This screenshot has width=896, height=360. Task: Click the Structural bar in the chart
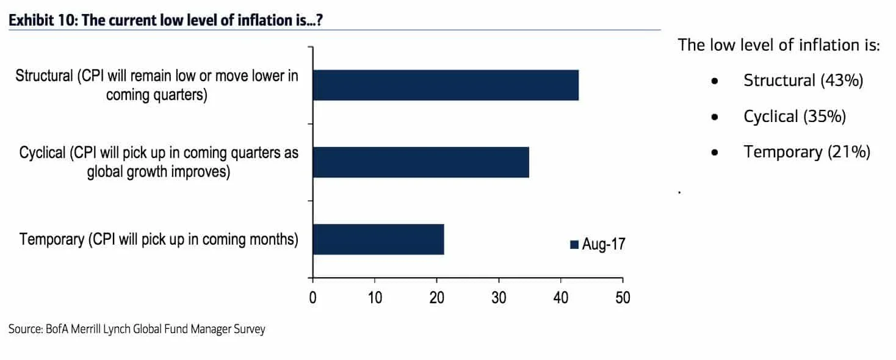tap(446, 85)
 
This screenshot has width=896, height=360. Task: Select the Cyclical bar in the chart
tap(421, 162)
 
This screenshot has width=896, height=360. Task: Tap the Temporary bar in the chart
tap(378, 239)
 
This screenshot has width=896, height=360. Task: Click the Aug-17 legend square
tap(574, 245)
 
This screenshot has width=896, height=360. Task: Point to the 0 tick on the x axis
tap(313, 298)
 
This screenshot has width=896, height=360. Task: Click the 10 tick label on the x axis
tap(374, 298)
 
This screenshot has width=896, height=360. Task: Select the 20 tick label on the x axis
tap(436, 298)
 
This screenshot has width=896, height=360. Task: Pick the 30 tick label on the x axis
tap(499, 298)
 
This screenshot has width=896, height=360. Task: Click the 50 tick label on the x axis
tap(623, 298)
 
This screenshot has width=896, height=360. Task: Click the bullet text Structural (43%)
tap(803, 81)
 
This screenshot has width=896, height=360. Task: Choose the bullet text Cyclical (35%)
tap(795, 117)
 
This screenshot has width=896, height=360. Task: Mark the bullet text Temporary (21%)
tap(806, 152)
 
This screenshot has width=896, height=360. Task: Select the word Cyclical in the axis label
tap(42, 153)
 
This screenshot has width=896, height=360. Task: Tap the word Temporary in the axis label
tap(51, 239)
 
